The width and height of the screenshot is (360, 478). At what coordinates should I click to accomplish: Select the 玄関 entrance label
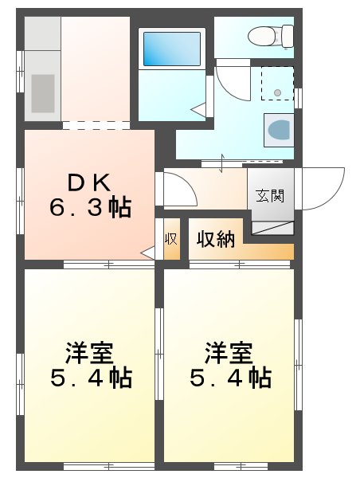pyautogui.click(x=269, y=195)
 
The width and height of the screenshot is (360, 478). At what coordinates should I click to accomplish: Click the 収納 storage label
pyautogui.click(x=216, y=238)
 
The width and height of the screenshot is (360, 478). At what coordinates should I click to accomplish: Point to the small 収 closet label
pyautogui.click(x=170, y=239)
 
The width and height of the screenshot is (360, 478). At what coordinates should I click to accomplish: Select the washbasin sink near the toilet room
pyautogui.click(x=278, y=129)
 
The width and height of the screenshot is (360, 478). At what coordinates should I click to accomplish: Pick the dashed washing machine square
pyautogui.click(x=277, y=84)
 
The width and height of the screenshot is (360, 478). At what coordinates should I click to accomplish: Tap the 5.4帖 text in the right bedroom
pyautogui.click(x=230, y=377)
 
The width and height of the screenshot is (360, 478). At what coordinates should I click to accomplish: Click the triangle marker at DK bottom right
pyautogui.click(x=148, y=253)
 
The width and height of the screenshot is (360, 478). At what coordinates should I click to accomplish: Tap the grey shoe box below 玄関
pyautogui.click(x=272, y=225)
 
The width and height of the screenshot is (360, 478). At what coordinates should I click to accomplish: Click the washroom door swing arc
pyautogui.click(x=231, y=80)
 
